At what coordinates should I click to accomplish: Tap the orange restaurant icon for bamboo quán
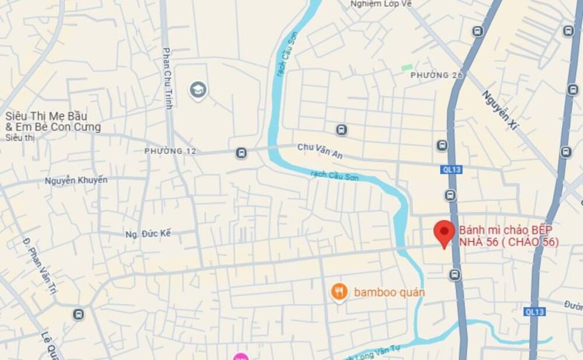coord(339,292)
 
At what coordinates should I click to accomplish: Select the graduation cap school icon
coord(198,90)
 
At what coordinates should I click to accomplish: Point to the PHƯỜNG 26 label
coord(437,75)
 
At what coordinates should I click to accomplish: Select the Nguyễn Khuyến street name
coord(76,180)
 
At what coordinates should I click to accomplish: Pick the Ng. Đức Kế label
coord(148,233)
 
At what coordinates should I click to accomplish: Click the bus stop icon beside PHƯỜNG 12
coord(241,153)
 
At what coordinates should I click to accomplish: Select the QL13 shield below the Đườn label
coord(534,312)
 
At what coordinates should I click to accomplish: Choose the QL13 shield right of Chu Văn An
coord(451,169)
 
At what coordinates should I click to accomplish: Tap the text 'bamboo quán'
coord(389,292)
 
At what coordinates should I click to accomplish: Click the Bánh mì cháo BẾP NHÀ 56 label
coord(508,235)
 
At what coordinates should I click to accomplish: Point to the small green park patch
coord(407,68)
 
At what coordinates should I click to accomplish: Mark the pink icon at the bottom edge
coord(240,356)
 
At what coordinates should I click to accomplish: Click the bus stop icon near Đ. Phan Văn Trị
coord(78,314)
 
